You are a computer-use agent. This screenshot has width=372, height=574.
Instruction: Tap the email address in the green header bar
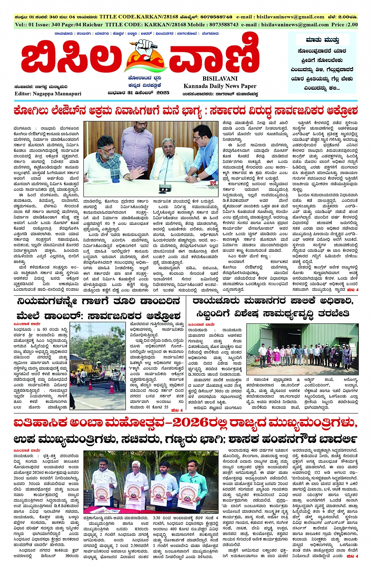click(291, 24)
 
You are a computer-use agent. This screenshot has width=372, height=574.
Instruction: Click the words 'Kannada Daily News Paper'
click(220, 86)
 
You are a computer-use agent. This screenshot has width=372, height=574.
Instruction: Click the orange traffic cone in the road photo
click(111, 387)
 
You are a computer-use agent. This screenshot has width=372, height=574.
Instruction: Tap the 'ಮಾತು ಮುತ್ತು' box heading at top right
click(323, 40)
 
